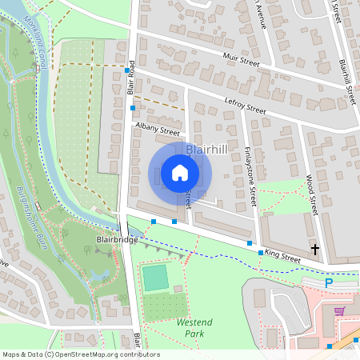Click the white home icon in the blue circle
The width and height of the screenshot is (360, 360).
(180, 173)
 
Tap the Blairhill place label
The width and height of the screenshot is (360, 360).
(206, 150)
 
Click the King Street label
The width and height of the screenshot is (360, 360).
(282, 258)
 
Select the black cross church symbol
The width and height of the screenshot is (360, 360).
(314, 250)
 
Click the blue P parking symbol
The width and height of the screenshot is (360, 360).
(328, 282)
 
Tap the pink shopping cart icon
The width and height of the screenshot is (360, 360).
(340, 310)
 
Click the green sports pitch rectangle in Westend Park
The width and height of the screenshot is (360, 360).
(154, 278)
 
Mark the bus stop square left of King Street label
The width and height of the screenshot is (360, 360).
(261, 253)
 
